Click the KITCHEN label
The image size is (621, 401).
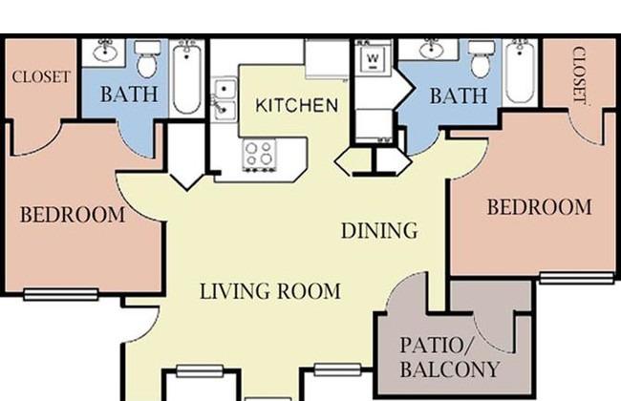pos(296,105)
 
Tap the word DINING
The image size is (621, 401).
pos(379,231)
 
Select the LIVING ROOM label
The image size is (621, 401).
pos(270,291)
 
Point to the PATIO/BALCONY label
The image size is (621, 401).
pos(449,357)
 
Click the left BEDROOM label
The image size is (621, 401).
pos(73,215)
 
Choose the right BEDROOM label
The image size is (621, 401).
pos(540,207)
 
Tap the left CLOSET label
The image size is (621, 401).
pos(41,76)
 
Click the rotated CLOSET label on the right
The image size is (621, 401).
pos(579,76)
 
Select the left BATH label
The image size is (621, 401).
pos(129,95)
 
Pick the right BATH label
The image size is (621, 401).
pos(459,95)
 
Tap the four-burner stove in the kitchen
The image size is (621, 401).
pos(260,155)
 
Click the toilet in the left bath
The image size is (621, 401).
pos(147,59)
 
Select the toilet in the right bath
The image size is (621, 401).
pos(482,59)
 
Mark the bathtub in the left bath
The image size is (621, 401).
pos(187,77)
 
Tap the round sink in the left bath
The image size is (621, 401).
pos(104,51)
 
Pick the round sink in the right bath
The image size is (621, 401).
pos(432,50)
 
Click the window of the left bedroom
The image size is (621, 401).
pos(60,294)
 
